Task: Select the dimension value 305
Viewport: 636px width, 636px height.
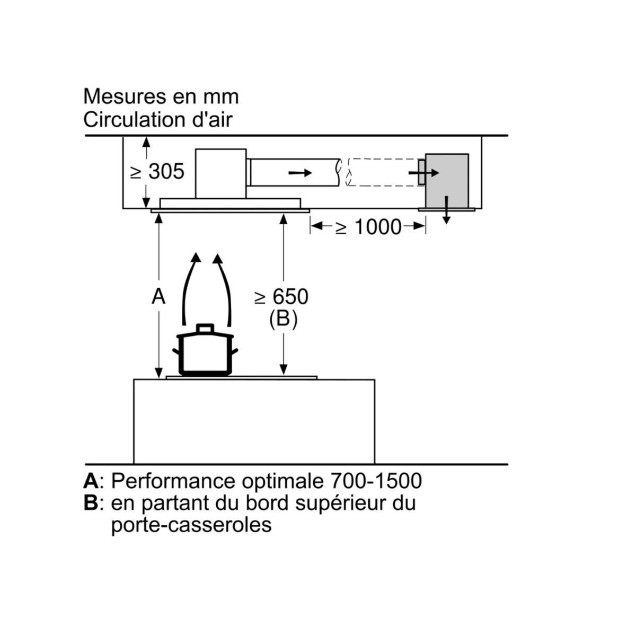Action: click(166, 171)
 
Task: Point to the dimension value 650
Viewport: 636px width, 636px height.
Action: click(288, 297)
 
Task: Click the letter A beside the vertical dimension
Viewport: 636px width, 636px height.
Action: click(158, 297)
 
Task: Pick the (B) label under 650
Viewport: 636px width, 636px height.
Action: click(283, 319)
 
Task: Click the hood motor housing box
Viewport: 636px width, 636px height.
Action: click(220, 173)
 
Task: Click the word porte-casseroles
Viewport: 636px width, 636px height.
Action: click(191, 525)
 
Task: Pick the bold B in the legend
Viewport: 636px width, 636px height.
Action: click(91, 502)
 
